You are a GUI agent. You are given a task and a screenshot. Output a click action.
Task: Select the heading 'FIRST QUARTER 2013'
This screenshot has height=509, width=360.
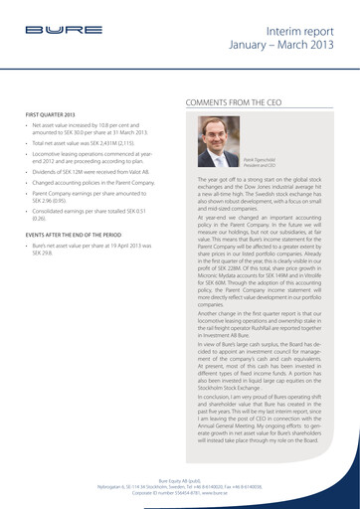point(52,116)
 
